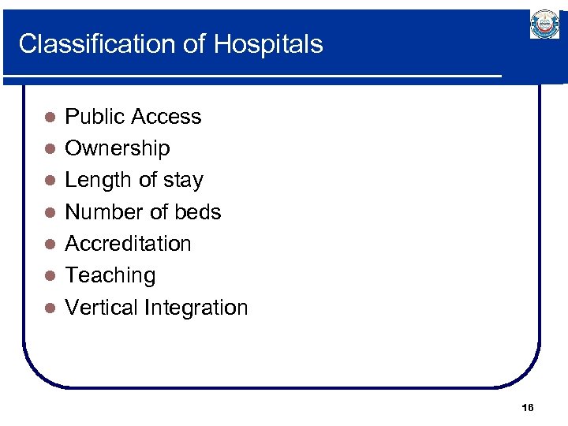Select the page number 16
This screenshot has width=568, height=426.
pos(528,407)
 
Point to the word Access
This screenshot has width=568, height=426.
pos(170,117)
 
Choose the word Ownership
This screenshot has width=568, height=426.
pos(117,148)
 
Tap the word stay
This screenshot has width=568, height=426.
pos(184,181)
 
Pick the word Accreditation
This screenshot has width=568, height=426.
pos(128,243)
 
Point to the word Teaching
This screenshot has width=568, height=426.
pos(110,275)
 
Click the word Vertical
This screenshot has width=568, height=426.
pos(100,307)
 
